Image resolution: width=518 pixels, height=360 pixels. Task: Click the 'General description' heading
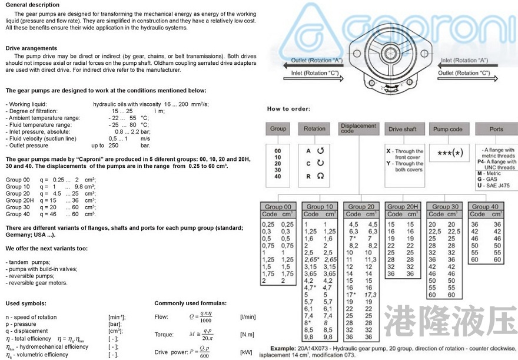point(32,5)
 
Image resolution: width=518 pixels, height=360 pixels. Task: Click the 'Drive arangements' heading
point(31,48)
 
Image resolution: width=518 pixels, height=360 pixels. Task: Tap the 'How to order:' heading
point(288,109)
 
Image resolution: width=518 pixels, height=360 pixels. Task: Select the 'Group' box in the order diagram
point(278,129)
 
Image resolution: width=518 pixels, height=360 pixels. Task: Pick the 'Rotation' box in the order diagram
point(314,129)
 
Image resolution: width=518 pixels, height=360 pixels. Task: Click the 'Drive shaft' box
point(402,129)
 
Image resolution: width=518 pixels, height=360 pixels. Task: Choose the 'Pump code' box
point(447,129)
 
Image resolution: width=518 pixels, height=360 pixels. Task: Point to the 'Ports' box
point(496,129)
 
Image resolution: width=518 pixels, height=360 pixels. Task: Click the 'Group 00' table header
point(278,207)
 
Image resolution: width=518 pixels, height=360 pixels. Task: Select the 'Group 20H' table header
point(403,207)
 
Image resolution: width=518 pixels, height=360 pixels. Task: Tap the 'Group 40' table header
point(485,207)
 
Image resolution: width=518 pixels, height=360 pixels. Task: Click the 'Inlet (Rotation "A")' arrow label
point(464,61)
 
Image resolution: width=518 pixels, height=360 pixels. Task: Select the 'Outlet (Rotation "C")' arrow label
point(464,74)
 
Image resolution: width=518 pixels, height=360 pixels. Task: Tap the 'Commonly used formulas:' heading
point(190,303)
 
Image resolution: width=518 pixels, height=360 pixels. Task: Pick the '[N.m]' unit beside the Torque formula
point(248,335)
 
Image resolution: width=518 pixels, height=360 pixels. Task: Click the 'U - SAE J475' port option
point(493,186)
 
